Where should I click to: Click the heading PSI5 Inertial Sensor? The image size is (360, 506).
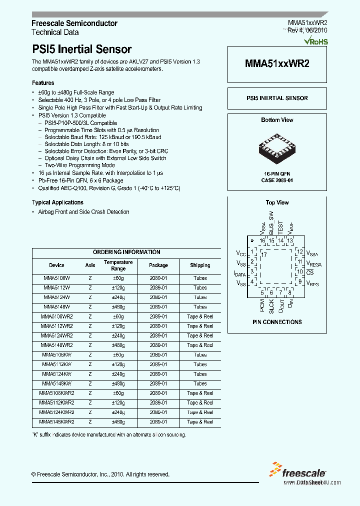point(81,49)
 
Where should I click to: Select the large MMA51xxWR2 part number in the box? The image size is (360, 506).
point(277,64)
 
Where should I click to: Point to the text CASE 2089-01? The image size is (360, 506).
point(277,180)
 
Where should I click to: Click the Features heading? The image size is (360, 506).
point(43,83)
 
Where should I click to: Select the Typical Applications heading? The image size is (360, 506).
point(57,202)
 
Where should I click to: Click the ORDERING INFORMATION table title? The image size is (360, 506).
point(126,252)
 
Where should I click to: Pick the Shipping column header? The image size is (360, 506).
point(200,265)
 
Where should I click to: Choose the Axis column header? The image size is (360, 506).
point(90,265)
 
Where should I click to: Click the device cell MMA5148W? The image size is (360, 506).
point(56,307)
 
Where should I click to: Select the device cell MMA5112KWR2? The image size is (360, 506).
point(56,403)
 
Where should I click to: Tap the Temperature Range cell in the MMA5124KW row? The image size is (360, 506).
point(118,374)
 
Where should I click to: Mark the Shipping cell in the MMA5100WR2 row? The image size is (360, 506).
point(200,316)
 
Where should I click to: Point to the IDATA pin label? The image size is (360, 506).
point(240,273)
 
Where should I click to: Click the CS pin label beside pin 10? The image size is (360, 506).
point(310,272)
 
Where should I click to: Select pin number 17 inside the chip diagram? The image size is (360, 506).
point(264,255)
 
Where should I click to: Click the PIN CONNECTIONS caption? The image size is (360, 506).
point(277,322)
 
